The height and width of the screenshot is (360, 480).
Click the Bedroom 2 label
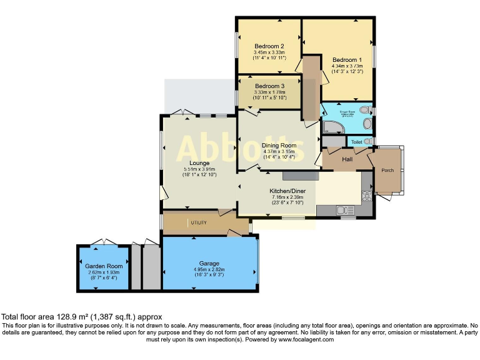pos(269,46)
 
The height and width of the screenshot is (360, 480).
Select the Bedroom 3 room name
pos(269,86)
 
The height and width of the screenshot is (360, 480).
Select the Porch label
pos(387,170)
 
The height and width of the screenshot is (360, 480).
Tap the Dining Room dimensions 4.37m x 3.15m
pos(279,151)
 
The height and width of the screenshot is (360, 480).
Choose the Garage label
pos(209,263)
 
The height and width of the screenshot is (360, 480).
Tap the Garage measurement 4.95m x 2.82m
pos(209,269)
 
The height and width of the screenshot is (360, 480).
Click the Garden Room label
pos(104,266)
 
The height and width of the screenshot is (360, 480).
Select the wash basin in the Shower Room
pos(367,124)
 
